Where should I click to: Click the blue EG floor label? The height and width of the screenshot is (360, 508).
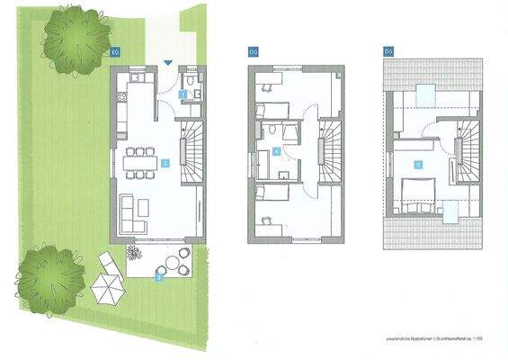[114, 52]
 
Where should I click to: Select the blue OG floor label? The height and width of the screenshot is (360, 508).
[252, 52]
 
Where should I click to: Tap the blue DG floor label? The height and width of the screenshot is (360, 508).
[388, 52]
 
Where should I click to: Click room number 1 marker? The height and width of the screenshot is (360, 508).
[183, 93]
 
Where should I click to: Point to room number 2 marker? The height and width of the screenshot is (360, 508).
[165, 163]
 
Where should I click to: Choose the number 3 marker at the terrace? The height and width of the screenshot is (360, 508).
[159, 278]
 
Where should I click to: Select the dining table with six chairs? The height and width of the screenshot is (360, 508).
[140, 163]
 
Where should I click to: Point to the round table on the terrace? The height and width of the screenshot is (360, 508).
[172, 265]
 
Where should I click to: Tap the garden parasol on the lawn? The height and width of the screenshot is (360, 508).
[108, 290]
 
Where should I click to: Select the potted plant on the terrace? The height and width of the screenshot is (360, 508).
[135, 251]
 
